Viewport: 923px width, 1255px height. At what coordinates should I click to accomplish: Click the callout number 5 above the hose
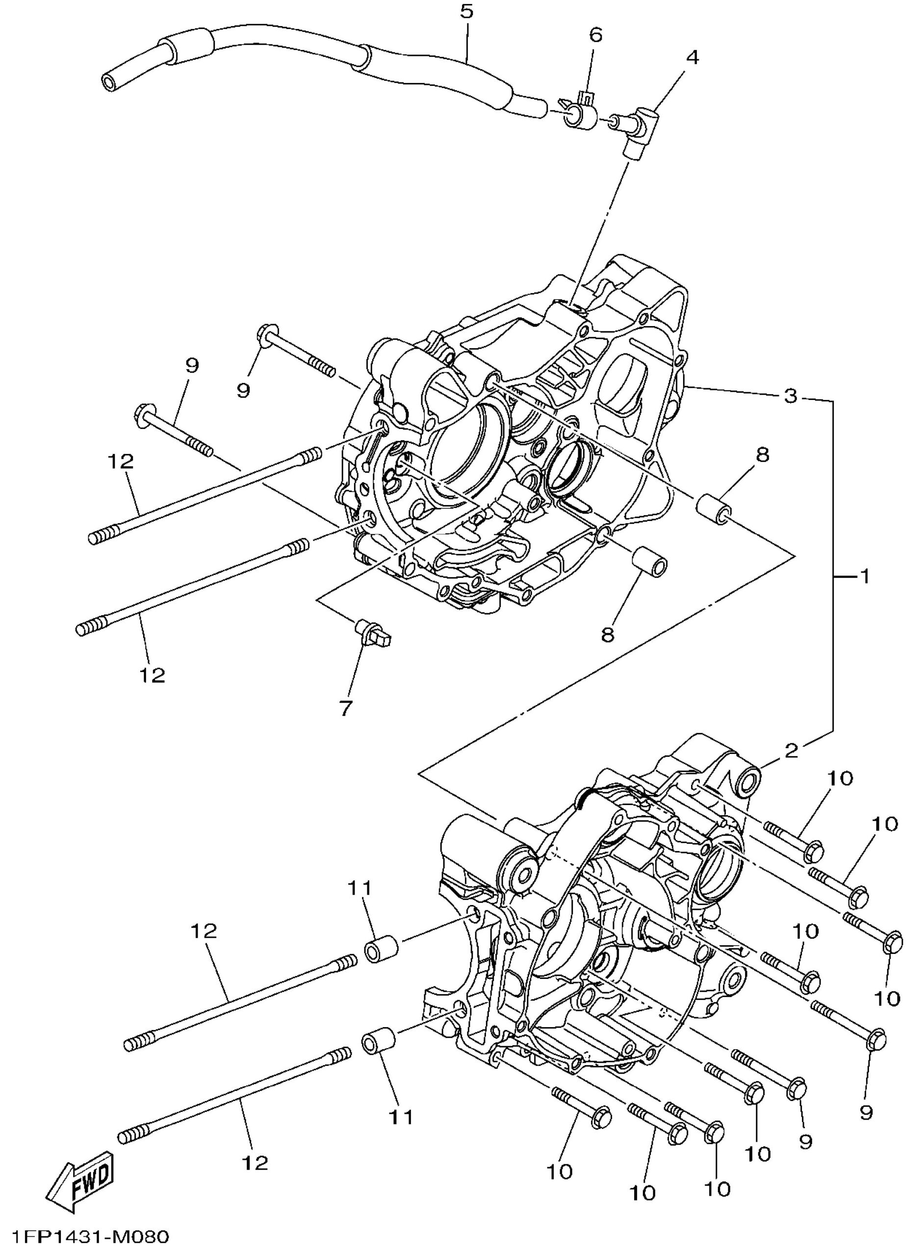pyautogui.click(x=466, y=11)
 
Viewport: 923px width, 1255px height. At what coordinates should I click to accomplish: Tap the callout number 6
pyautogui.click(x=596, y=35)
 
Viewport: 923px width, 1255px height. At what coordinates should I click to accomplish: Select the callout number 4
pyautogui.click(x=692, y=57)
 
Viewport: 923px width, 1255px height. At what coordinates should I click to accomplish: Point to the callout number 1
pyautogui.click(x=864, y=576)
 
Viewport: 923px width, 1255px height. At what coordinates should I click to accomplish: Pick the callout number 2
pyautogui.click(x=791, y=750)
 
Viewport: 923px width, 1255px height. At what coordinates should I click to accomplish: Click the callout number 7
pyautogui.click(x=346, y=708)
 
